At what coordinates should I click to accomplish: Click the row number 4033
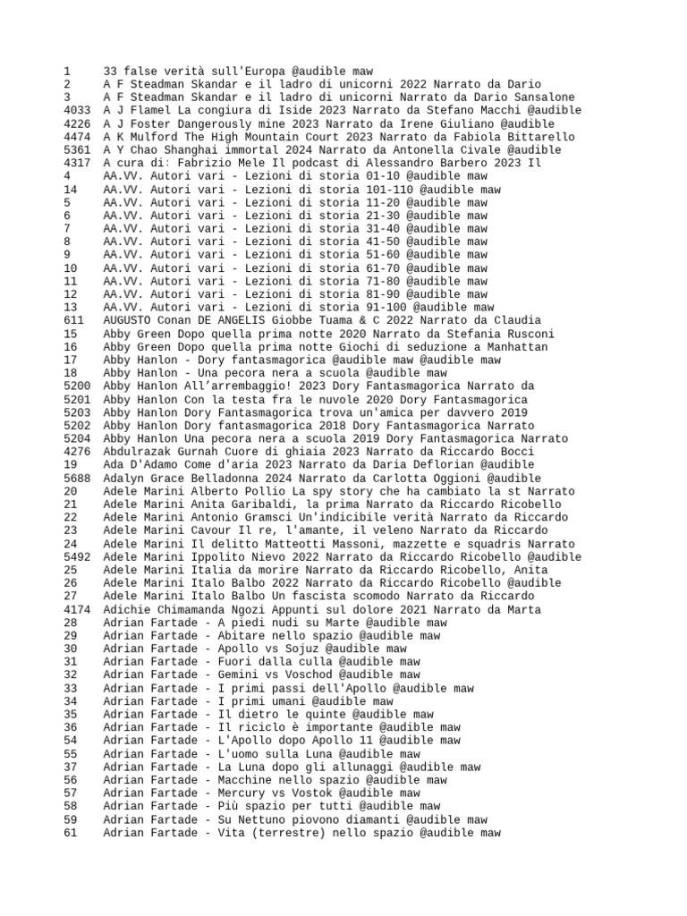click(78, 110)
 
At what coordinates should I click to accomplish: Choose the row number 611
click(74, 320)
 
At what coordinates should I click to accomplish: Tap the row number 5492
click(78, 556)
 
